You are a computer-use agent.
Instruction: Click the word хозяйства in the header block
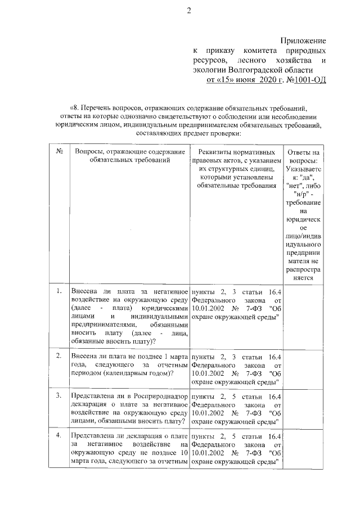coord(290,60)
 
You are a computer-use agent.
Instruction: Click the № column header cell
coord(59,152)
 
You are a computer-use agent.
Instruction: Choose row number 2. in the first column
coord(59,356)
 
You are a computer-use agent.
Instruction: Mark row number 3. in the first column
coord(59,397)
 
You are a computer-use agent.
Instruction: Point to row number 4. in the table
coord(59,436)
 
